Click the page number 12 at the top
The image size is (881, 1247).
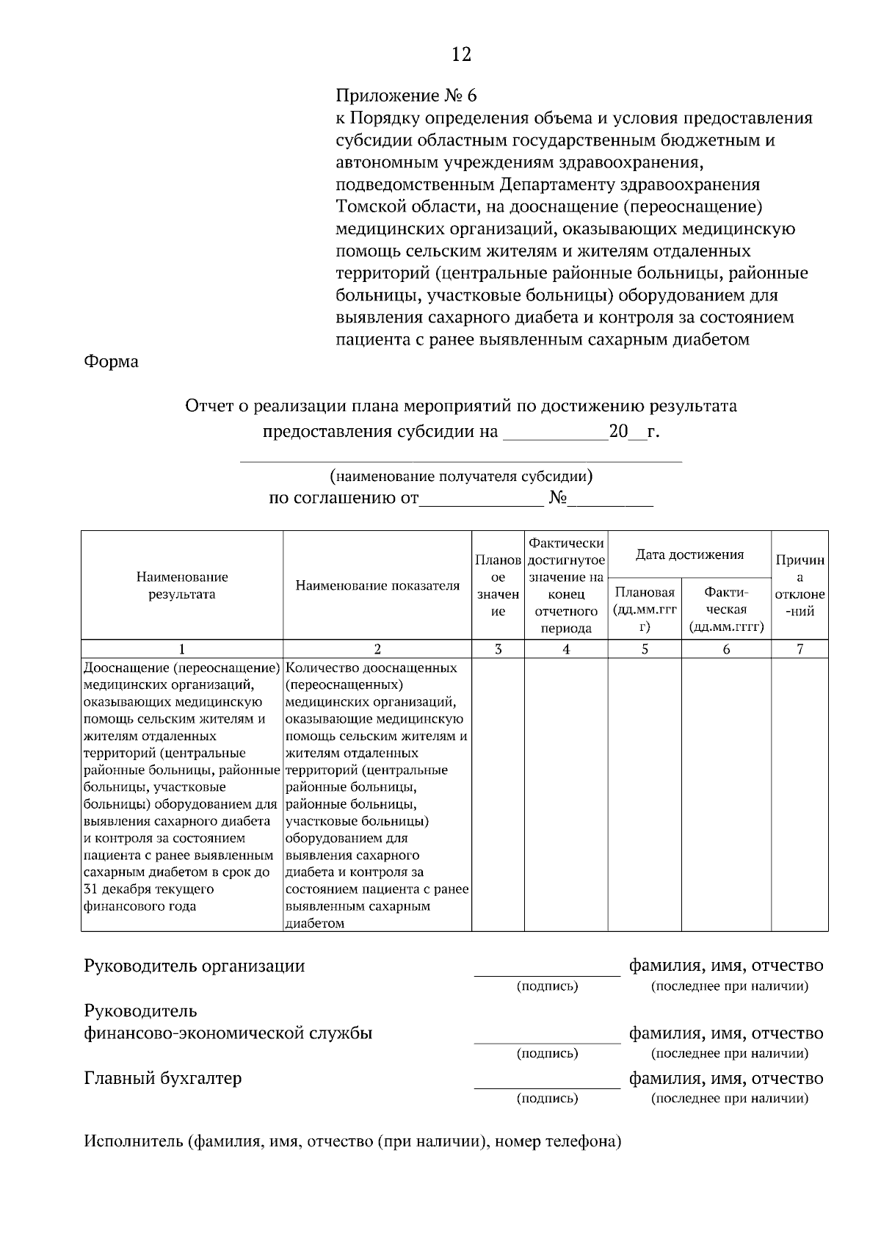click(x=461, y=54)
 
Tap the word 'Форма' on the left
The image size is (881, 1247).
click(x=112, y=362)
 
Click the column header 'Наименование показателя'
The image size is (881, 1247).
click(x=377, y=585)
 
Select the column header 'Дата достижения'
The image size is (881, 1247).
click(x=689, y=554)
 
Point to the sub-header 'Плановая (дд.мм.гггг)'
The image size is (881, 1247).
click(x=645, y=609)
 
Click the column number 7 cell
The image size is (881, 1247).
click(x=800, y=649)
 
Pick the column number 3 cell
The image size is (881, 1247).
click(x=498, y=649)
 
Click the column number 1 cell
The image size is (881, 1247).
click(x=182, y=649)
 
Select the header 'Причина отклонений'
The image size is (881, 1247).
click(x=800, y=585)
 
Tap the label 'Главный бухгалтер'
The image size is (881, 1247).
click(x=163, y=1078)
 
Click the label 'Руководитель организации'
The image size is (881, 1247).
click(x=195, y=965)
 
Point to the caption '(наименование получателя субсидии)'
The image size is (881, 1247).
click(x=461, y=477)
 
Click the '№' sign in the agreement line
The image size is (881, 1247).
click(x=558, y=499)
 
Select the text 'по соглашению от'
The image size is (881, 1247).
click(x=344, y=499)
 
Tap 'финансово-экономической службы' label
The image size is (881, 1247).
click(x=228, y=1033)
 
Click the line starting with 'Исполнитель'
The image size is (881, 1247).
click(x=352, y=1142)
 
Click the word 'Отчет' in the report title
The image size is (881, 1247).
click(x=209, y=406)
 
